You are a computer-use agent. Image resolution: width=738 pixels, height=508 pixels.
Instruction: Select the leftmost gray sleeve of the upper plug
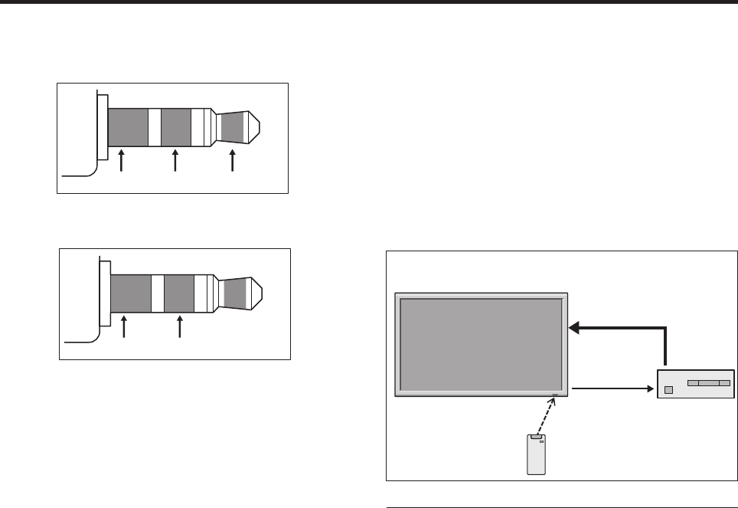pos(127,127)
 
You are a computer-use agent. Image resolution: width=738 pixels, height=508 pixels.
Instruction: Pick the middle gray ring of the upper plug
pos(175,127)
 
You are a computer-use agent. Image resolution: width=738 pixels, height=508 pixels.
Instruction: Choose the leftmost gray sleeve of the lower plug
pos(130,293)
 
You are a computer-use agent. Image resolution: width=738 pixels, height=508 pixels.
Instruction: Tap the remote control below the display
pos(534,455)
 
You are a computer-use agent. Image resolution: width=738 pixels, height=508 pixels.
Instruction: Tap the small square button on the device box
pos(668,389)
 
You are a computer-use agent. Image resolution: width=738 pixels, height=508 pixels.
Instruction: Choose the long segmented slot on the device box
pos(708,381)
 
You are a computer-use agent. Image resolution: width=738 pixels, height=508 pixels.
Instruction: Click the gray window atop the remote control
pos(534,438)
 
